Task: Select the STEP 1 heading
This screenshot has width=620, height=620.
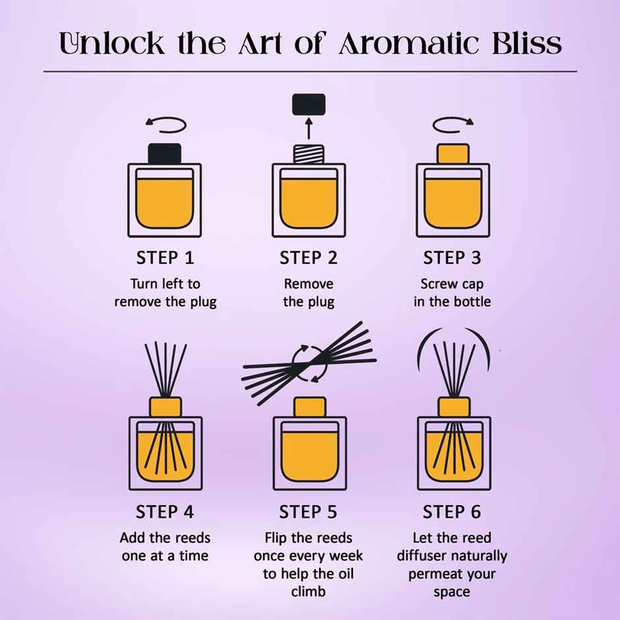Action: pyautogui.click(x=165, y=258)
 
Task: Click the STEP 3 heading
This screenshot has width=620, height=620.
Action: pyautogui.click(x=452, y=258)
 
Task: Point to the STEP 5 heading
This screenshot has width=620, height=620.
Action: pyautogui.click(x=308, y=512)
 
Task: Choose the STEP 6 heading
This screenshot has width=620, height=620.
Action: pyautogui.click(x=452, y=512)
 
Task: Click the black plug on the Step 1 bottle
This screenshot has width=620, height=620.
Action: pyautogui.click(x=164, y=154)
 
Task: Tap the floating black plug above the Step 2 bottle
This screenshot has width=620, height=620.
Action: pyautogui.click(x=309, y=104)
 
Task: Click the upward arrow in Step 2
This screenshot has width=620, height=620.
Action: pyautogui.click(x=309, y=129)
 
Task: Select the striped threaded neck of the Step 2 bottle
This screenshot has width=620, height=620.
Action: pyautogui.click(x=309, y=154)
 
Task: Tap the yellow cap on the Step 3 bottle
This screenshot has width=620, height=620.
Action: pyautogui.click(x=452, y=154)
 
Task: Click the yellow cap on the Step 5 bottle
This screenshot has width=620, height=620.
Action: pyautogui.click(x=310, y=407)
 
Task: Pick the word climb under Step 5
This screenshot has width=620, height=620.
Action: pyautogui.click(x=309, y=592)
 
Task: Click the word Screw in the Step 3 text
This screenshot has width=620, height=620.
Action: pyautogui.click(x=435, y=284)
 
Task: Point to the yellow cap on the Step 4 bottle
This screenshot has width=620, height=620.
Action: pyautogui.click(x=166, y=407)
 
